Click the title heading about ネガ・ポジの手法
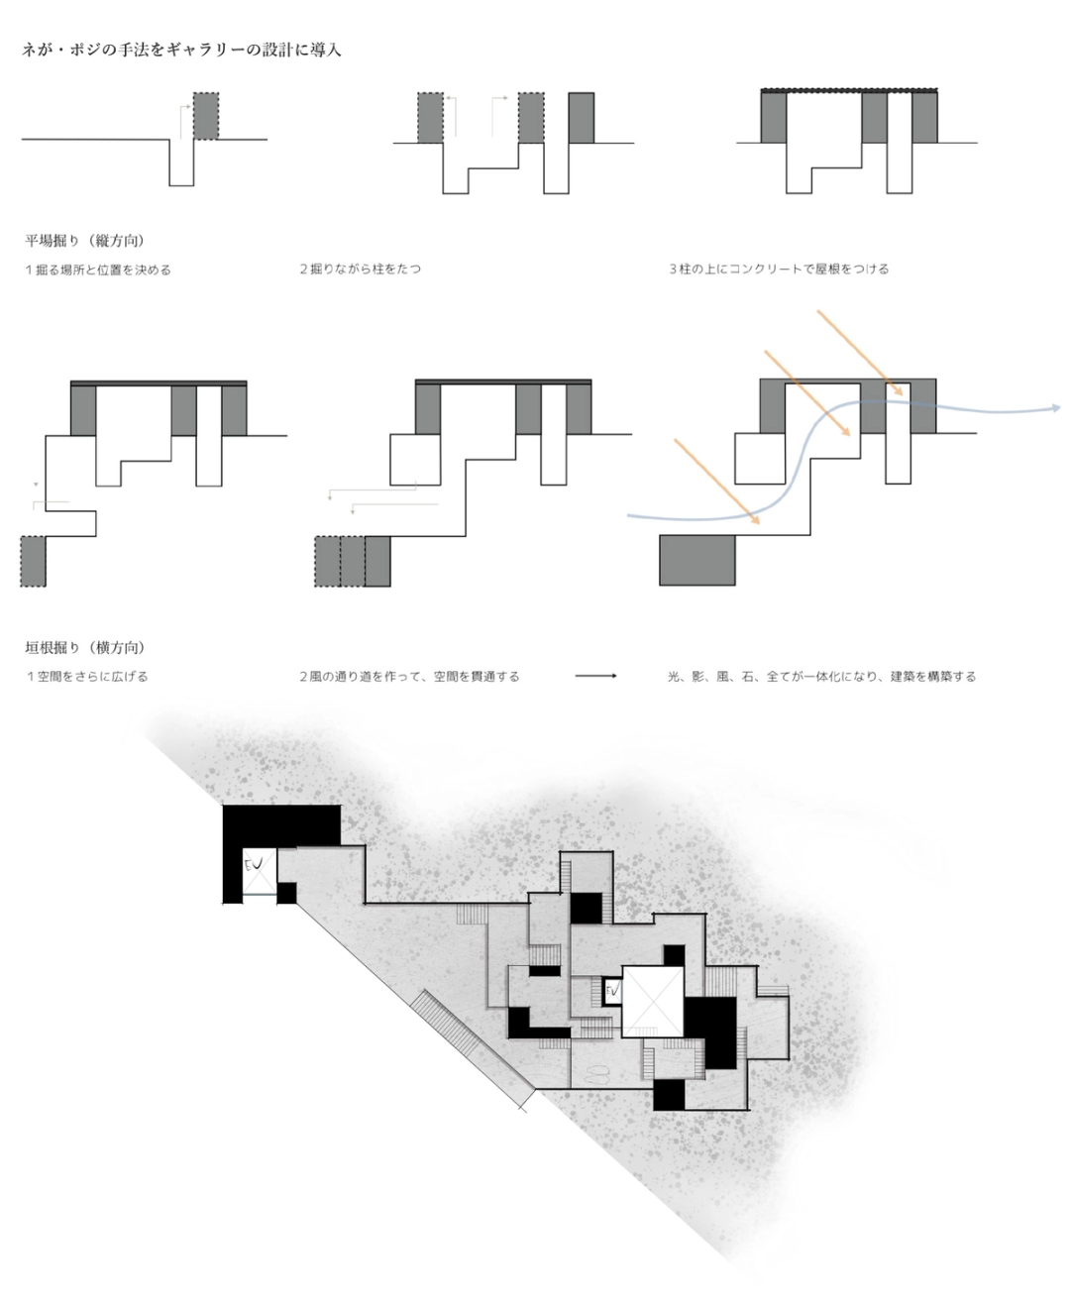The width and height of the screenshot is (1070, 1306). [x=181, y=50]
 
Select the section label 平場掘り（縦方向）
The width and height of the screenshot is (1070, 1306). [x=85, y=240]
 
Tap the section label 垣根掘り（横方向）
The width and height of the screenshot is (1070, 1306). [x=85, y=648]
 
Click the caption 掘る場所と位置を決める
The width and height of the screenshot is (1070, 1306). [x=98, y=270]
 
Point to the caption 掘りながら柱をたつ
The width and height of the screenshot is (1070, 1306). [x=361, y=269]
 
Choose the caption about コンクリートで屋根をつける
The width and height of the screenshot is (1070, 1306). [x=779, y=269]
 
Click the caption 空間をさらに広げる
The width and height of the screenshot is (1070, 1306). [x=87, y=676]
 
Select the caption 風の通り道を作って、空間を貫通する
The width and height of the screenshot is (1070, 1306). [x=409, y=676]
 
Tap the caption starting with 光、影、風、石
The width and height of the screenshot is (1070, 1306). [x=821, y=676]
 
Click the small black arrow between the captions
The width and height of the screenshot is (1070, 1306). [x=595, y=676]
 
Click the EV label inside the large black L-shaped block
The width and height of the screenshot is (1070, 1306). [x=254, y=863]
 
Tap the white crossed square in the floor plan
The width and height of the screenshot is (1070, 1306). [x=653, y=1002]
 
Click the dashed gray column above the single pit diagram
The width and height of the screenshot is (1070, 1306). [x=206, y=116]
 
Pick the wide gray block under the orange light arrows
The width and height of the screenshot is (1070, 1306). [x=697, y=561]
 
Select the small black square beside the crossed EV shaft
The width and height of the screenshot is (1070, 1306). [x=286, y=893]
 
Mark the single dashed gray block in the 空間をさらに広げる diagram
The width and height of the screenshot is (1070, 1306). [x=33, y=561]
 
